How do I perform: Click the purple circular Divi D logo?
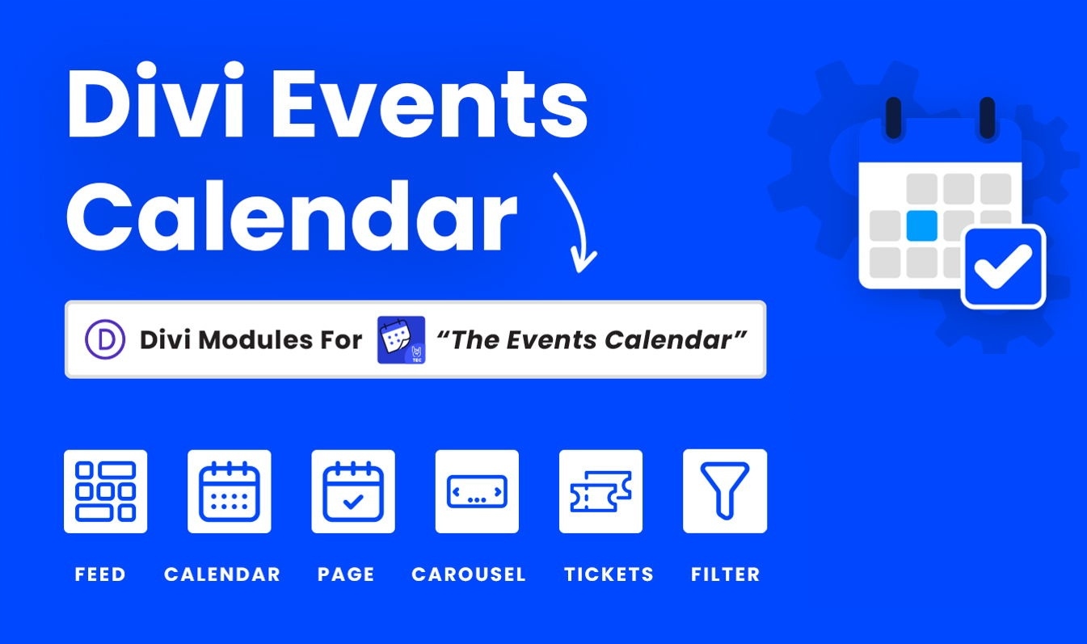point(105,339)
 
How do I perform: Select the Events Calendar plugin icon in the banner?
point(402,339)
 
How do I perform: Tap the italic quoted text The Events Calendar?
point(592,339)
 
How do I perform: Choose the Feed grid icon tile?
point(105,491)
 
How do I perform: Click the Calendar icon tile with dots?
point(230,491)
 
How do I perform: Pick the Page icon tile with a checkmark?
point(353,491)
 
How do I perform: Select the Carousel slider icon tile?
point(477,491)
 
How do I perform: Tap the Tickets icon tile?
point(600,491)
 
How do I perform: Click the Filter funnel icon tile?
point(725,491)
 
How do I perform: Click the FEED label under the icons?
point(100,575)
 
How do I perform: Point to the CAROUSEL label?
point(469,575)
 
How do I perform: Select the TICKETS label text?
point(609,575)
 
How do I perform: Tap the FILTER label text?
point(726,575)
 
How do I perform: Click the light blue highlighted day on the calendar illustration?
point(922,225)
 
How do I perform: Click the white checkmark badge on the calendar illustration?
point(1004,267)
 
